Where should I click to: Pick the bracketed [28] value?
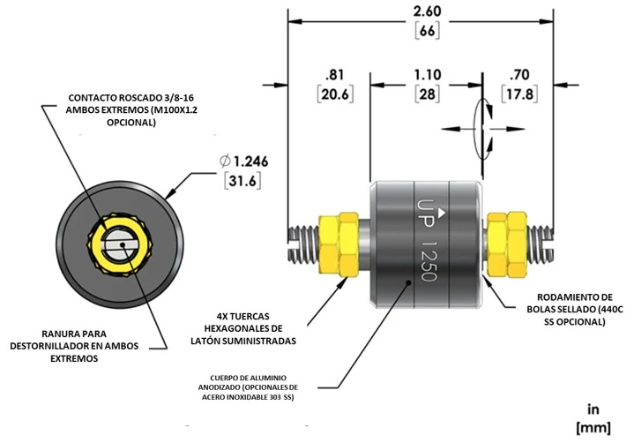click(x=427, y=93)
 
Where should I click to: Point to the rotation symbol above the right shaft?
click(x=481, y=128)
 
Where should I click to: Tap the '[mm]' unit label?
click(x=593, y=427)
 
